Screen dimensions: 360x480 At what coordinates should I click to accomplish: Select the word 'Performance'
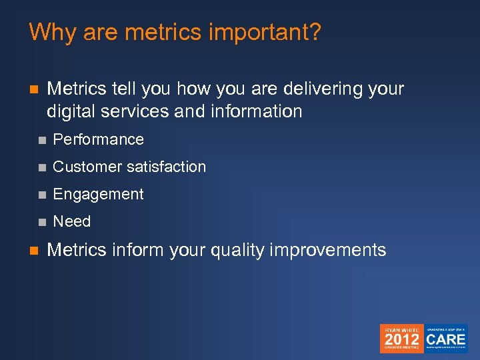click(98, 139)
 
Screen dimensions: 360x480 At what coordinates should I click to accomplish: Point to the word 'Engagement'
click(98, 194)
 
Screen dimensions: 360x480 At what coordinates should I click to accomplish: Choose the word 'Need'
click(71, 221)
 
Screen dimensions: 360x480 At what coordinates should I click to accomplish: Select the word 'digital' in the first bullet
click(70, 111)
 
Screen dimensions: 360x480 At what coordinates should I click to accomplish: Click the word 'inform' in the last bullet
click(138, 250)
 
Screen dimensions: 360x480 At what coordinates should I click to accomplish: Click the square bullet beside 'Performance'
click(42, 140)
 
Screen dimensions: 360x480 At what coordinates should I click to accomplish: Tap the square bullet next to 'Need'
click(42, 222)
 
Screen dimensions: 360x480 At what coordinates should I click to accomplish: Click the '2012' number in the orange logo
click(401, 339)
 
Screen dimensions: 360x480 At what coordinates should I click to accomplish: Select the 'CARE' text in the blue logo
click(446, 339)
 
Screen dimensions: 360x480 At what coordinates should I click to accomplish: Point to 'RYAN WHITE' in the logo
click(401, 329)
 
